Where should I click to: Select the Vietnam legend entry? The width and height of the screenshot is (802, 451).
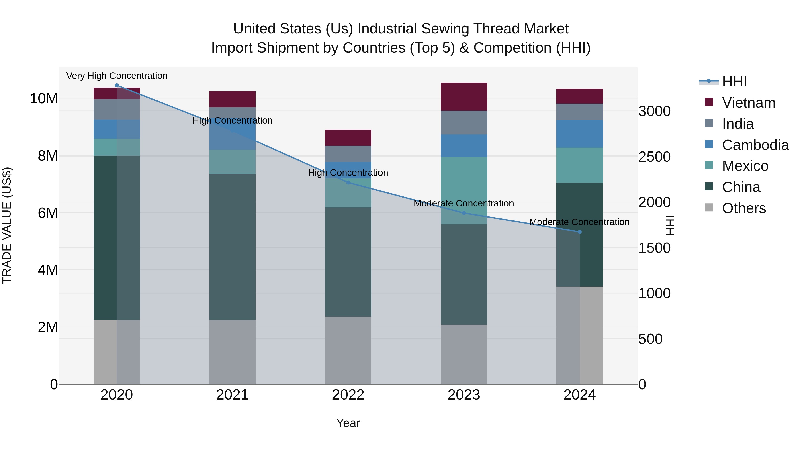[749, 103]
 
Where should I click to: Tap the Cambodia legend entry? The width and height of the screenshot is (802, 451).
[755, 145]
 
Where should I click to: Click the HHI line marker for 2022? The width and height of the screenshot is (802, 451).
[348, 183]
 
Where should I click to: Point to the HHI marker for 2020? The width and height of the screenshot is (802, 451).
[117, 85]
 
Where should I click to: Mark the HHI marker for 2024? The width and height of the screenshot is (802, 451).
[579, 232]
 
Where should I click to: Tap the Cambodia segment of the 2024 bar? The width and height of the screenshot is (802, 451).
[579, 134]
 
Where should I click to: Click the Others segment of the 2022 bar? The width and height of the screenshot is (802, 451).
[348, 350]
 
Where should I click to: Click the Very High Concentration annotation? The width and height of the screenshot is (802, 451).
[117, 76]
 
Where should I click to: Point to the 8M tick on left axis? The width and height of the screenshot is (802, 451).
[48, 156]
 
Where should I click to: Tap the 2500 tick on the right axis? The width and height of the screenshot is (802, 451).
[655, 157]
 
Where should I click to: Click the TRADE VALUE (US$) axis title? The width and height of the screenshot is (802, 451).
[7, 225]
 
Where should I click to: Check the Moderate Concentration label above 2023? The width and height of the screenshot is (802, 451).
[464, 204]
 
